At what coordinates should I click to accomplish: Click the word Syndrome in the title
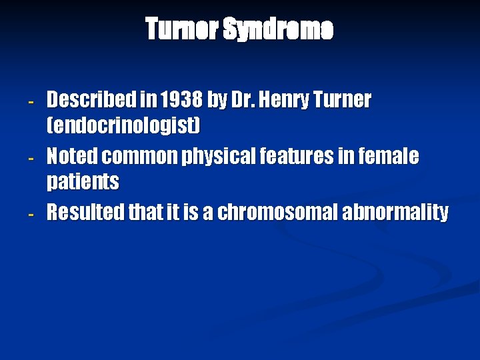coord(277,30)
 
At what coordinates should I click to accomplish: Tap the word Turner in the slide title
coord(181,30)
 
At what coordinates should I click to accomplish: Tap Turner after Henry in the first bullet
coord(338,101)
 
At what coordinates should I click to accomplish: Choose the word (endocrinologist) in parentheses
coord(123,125)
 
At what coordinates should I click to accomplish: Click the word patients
coord(83,181)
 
